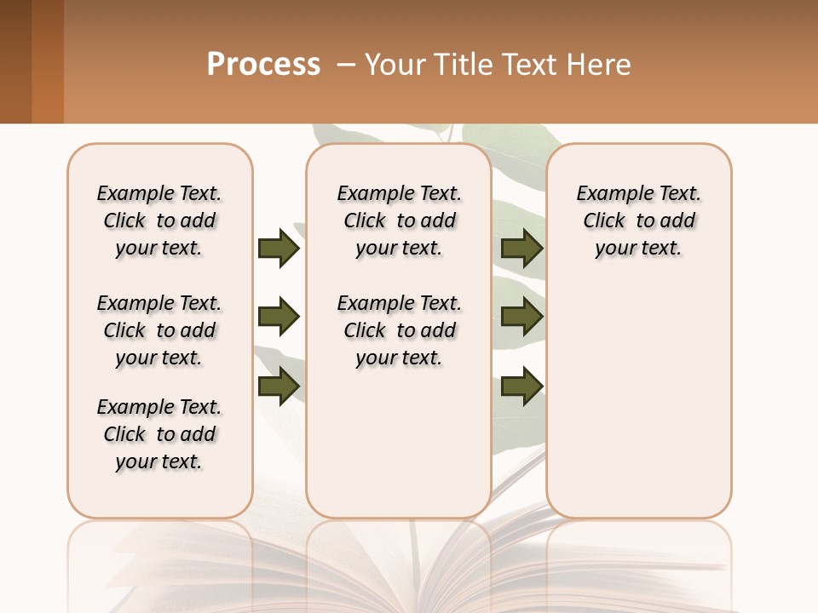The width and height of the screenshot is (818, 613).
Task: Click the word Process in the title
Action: coord(263,65)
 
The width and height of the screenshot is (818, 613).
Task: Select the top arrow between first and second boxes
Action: coord(278,248)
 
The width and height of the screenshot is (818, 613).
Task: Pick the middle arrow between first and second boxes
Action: coord(278,318)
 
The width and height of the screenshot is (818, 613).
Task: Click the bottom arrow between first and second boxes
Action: coord(278,387)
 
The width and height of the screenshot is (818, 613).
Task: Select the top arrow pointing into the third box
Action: coord(521,248)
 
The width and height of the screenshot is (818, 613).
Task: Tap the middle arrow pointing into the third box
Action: coord(521,318)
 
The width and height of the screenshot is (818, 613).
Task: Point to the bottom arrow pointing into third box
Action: coord(521,387)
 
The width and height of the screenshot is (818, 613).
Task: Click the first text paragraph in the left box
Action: coord(159,221)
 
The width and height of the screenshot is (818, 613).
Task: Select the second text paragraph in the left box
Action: coord(159,330)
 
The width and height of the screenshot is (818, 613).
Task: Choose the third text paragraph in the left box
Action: coord(159,434)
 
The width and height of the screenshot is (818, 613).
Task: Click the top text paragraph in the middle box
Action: coord(399,221)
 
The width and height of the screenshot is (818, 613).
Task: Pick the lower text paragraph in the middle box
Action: coord(399,330)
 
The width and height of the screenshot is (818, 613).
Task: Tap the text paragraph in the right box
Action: coord(638,221)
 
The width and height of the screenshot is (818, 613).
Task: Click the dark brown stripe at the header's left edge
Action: coord(15,61)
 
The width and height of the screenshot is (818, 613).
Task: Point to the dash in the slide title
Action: coord(346,65)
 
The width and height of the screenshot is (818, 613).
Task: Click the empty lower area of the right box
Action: coord(638,400)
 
